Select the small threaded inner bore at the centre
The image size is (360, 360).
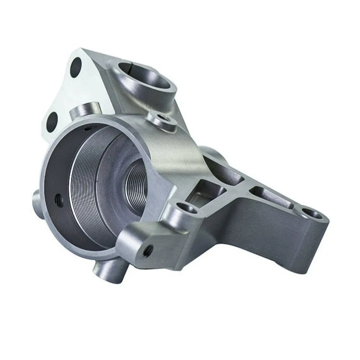[136, 180]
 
